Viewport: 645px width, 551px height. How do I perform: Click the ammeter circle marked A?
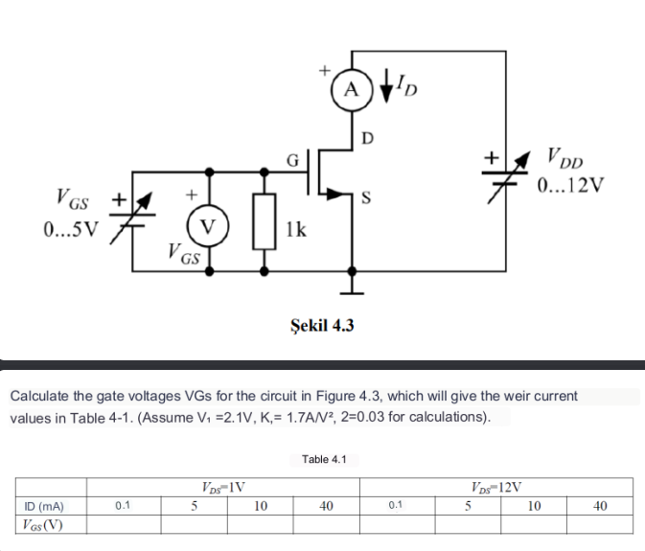click(x=352, y=90)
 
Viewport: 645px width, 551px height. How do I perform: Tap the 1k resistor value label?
click(x=296, y=228)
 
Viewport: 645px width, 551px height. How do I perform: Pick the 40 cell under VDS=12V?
click(x=599, y=506)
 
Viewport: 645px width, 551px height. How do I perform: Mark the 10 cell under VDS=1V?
click(x=260, y=506)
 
